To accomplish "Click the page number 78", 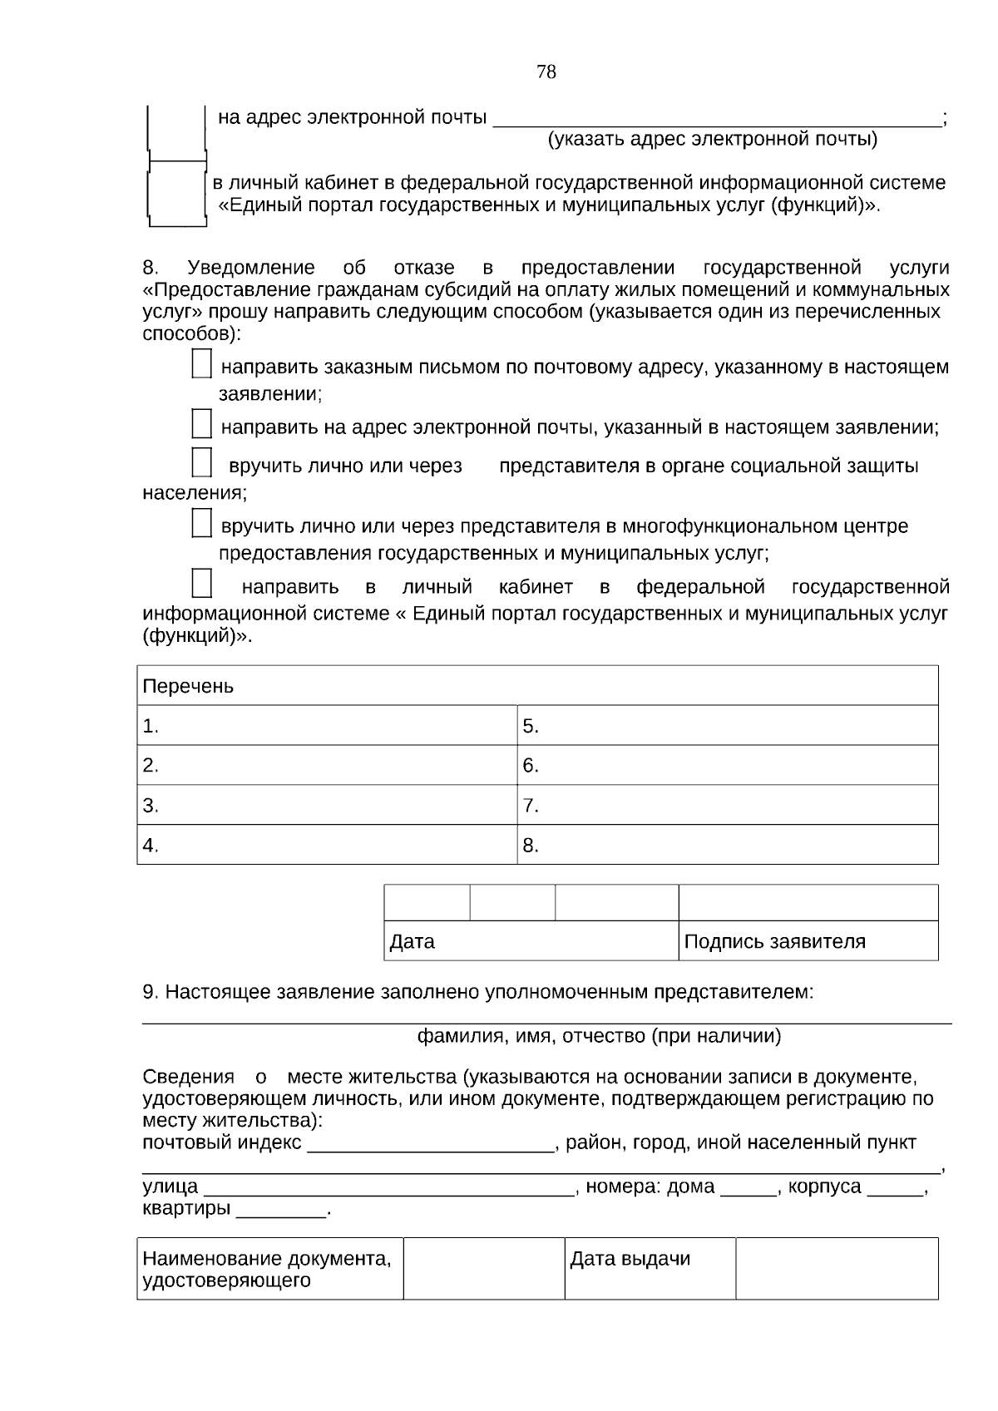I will point(546,72).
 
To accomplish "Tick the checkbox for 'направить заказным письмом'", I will point(201,364).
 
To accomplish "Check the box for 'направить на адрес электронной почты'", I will point(201,424).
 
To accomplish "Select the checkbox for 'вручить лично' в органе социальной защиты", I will point(201,462).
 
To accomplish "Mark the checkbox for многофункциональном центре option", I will point(201,523).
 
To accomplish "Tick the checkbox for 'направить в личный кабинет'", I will point(201,583).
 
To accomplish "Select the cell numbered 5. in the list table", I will point(727,726).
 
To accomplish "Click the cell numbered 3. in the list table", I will point(326,806).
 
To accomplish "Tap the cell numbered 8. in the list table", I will point(727,846).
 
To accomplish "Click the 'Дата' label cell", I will point(531,941).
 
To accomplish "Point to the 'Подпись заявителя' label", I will point(774,941).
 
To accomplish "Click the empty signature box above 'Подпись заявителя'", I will point(808,903).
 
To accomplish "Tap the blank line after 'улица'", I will point(388,1189).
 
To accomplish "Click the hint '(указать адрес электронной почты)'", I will point(712,139).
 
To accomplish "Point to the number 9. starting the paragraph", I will point(151,992).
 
